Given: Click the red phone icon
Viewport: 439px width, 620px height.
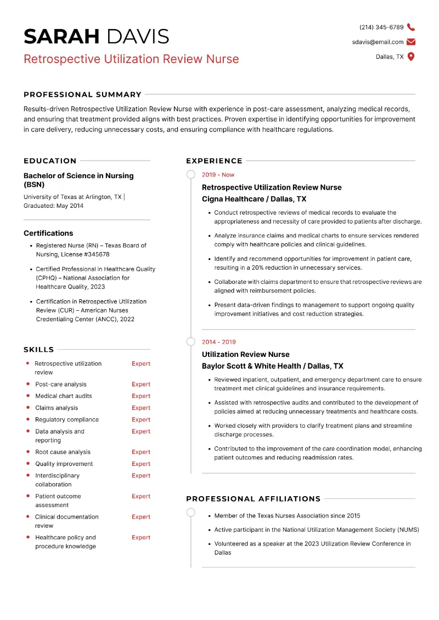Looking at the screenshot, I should point(411,27).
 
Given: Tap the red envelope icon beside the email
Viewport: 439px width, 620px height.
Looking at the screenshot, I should point(411,42).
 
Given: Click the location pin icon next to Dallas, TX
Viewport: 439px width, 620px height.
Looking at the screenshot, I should point(411,56).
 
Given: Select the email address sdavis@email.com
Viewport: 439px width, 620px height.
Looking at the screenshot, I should point(378,42).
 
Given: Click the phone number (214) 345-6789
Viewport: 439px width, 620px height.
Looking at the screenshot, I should point(381,27).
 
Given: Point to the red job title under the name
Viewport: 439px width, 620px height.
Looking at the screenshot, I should point(131,59).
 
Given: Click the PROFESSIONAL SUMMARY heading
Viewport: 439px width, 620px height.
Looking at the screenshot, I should point(82,94).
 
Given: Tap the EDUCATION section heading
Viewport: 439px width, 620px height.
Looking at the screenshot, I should point(50,161).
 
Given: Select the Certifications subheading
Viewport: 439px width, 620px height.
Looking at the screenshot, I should point(48,233).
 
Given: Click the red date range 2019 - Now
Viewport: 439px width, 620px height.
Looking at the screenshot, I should point(218,175).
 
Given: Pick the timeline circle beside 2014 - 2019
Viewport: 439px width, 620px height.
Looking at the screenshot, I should point(190,342).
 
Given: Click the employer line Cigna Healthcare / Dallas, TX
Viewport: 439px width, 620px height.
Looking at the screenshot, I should point(254,199).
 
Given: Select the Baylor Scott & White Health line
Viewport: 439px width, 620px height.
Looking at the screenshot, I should point(272,366).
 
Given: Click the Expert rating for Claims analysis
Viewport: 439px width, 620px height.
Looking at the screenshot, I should point(140,408).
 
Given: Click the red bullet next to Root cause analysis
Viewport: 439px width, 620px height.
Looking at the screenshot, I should point(28,452).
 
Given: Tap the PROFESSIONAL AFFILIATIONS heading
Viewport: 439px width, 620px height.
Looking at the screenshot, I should point(253,499).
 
